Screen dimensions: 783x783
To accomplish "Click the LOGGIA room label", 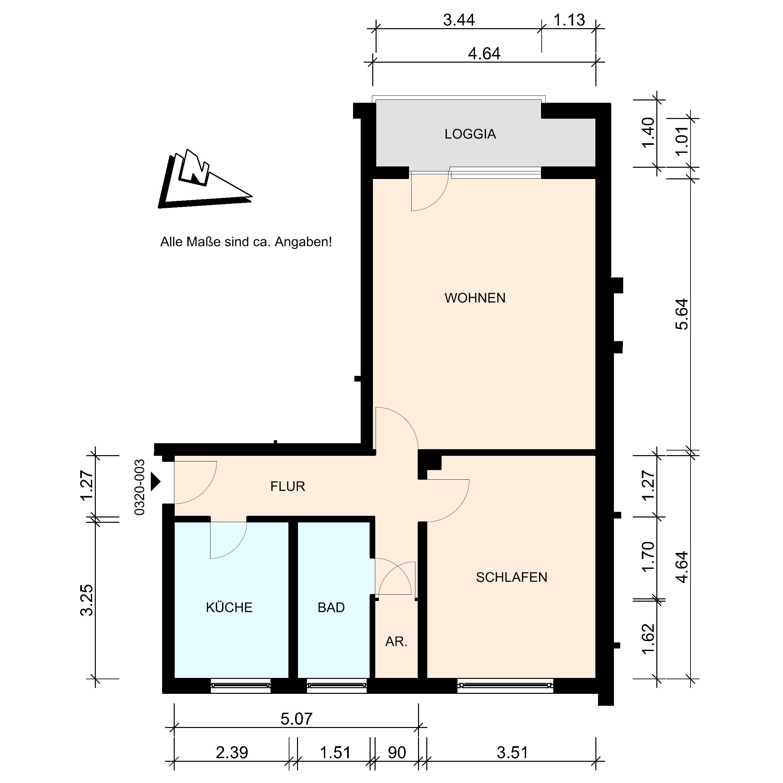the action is coord(470,134).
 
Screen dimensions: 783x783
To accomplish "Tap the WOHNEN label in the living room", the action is coord(475,298).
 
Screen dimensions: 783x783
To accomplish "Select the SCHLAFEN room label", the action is coord(512,577).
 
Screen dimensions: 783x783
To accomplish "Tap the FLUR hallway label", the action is coord(287,486).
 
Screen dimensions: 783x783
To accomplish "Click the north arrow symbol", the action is coord(205,179).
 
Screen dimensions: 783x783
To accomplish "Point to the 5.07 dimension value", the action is coord(296,719).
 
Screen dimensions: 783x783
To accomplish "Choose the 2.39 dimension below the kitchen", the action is coord(232,753).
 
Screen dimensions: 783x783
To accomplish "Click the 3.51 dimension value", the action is coord(512,753).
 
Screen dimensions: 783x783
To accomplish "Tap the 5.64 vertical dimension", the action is coord(682,314).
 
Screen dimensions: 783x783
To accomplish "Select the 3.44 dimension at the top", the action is coord(459,20).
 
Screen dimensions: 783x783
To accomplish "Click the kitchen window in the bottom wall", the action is coord(241,685).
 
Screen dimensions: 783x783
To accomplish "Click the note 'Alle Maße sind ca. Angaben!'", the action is coord(246,242).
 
